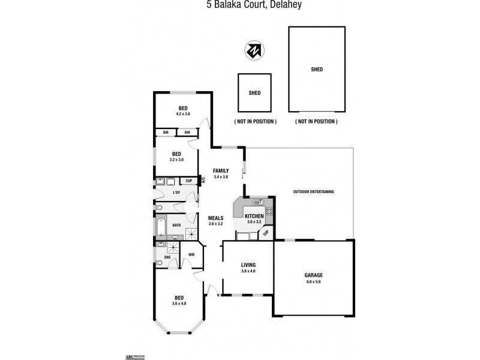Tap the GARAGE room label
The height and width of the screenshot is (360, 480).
point(313,275)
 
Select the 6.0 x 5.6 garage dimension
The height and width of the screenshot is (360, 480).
point(313,281)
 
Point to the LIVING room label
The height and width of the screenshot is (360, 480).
point(248,265)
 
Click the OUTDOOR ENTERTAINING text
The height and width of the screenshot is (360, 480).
point(313,192)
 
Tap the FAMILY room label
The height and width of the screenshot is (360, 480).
point(221,171)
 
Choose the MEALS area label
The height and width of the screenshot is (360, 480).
point(215,218)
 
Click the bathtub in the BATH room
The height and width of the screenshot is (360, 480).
point(161,226)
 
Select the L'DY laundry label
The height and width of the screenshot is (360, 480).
point(176,193)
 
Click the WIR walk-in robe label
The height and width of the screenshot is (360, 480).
point(191,254)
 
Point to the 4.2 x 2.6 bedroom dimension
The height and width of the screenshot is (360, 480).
point(183,114)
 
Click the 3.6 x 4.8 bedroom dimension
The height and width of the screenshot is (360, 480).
point(179,304)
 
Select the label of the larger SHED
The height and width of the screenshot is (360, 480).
point(317,70)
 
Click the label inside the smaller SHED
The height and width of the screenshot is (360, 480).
point(254,93)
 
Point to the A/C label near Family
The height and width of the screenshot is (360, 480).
point(203,179)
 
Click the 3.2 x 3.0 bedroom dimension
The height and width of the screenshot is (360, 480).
point(177,160)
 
